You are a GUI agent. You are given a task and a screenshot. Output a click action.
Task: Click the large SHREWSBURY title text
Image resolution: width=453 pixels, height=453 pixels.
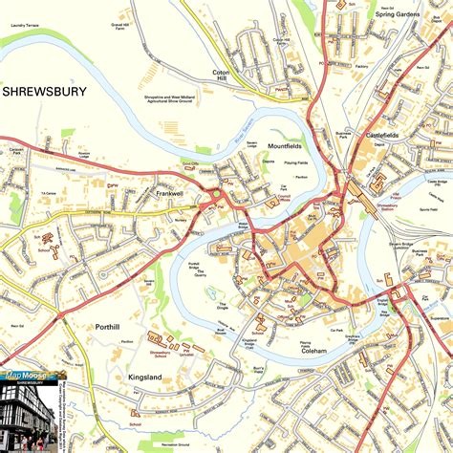pyautogui.click(x=44, y=92)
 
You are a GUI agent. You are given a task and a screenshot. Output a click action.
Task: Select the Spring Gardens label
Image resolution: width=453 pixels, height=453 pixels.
pyautogui.click(x=399, y=15)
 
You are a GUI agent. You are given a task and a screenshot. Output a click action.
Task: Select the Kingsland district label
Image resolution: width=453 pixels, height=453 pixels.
pyautogui.click(x=145, y=377)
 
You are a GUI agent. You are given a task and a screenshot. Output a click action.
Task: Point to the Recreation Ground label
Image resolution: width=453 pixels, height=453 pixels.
pyautogui.click(x=177, y=444)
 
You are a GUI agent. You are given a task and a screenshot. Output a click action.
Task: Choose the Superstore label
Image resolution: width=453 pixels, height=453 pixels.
pyautogui.click(x=439, y=317)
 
